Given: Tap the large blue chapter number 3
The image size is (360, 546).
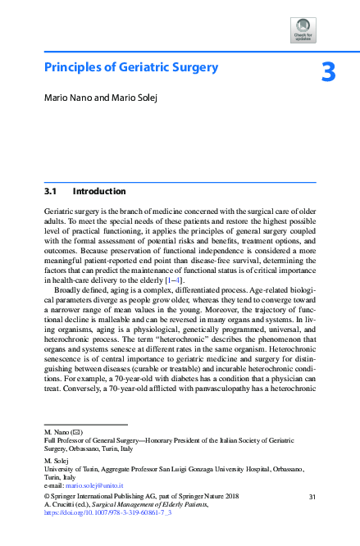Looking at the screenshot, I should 328,73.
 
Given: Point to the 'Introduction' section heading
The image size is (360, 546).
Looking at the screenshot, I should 99,192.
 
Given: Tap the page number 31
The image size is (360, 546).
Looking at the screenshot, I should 312,497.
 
